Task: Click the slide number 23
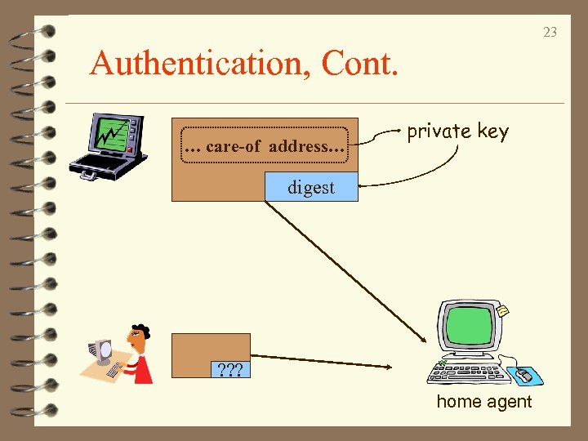pos(550,33)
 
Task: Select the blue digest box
pos(311,187)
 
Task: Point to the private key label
pos(457,131)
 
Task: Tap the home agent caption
pos(483,402)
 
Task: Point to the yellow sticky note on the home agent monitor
pos(504,310)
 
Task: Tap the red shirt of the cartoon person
pos(144,367)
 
